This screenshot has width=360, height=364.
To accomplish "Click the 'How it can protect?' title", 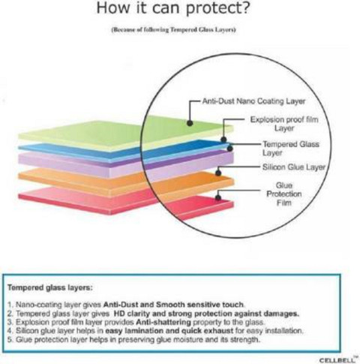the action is pyautogui.click(x=173, y=8).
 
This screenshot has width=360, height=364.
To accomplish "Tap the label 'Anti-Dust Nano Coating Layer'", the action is pyautogui.click(x=253, y=101).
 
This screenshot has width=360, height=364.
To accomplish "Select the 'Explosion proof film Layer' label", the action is pyautogui.click(x=284, y=124).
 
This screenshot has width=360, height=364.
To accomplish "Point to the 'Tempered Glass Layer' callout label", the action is pyautogui.click(x=291, y=149).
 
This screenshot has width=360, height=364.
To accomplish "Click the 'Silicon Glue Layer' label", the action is pyautogui.click(x=294, y=167).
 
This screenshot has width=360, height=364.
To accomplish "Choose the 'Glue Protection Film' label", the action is pyautogui.click(x=284, y=194).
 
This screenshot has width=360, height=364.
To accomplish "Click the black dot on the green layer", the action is pyautogui.click(x=190, y=123).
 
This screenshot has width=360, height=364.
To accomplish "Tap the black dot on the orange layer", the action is pyautogui.click(x=218, y=173).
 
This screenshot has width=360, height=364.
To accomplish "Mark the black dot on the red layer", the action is pyautogui.click(x=218, y=197).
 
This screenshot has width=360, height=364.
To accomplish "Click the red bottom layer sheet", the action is pyautogui.click(x=126, y=201).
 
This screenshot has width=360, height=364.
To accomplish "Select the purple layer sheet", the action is pyautogui.click(x=126, y=164).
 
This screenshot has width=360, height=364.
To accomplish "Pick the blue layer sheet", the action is pyautogui.click(x=125, y=152).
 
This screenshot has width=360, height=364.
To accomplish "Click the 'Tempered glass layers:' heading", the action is pyautogui.click(x=50, y=287).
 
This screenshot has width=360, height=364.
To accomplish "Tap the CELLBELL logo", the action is pyautogui.click(x=337, y=359).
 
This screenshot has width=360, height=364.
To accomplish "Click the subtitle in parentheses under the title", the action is pyautogui.click(x=173, y=30).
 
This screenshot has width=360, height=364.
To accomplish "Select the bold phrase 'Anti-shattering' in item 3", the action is pyautogui.click(x=163, y=322).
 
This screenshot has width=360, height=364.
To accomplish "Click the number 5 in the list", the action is pyautogui.click(x=10, y=340).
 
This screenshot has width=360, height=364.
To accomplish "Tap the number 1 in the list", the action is pyautogui.click(x=10, y=305).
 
